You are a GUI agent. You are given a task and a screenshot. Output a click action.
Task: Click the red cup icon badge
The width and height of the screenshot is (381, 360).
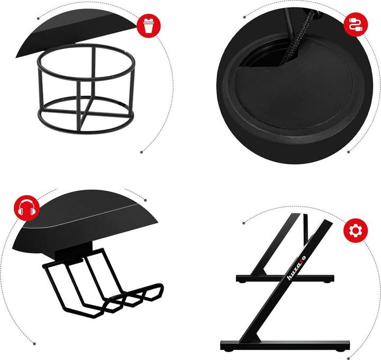tap(149, 25)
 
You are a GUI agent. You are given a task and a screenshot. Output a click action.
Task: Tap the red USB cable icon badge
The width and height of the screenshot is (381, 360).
tap(356, 24)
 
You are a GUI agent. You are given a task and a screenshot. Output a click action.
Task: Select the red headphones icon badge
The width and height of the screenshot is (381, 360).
tap(27, 208)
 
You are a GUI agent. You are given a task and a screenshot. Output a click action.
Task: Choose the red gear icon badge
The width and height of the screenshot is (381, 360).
tap(356, 230)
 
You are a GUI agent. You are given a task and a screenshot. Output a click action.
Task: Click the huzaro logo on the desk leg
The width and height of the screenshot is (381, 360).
tap(296, 268)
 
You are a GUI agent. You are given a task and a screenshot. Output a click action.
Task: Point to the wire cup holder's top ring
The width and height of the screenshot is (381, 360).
tap(86, 62)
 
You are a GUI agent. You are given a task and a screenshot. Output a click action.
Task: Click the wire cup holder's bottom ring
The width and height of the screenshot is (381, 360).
tap(86, 115)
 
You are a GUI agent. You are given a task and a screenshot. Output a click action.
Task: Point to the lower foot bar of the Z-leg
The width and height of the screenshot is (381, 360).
tap(285, 345)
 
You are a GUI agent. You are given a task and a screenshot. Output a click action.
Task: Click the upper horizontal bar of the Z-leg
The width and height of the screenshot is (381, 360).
tap(285, 278)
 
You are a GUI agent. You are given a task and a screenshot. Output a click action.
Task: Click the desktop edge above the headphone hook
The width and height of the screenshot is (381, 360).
tap(85, 222)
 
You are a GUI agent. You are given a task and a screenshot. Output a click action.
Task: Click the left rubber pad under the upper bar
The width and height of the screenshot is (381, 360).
tap(241, 282)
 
